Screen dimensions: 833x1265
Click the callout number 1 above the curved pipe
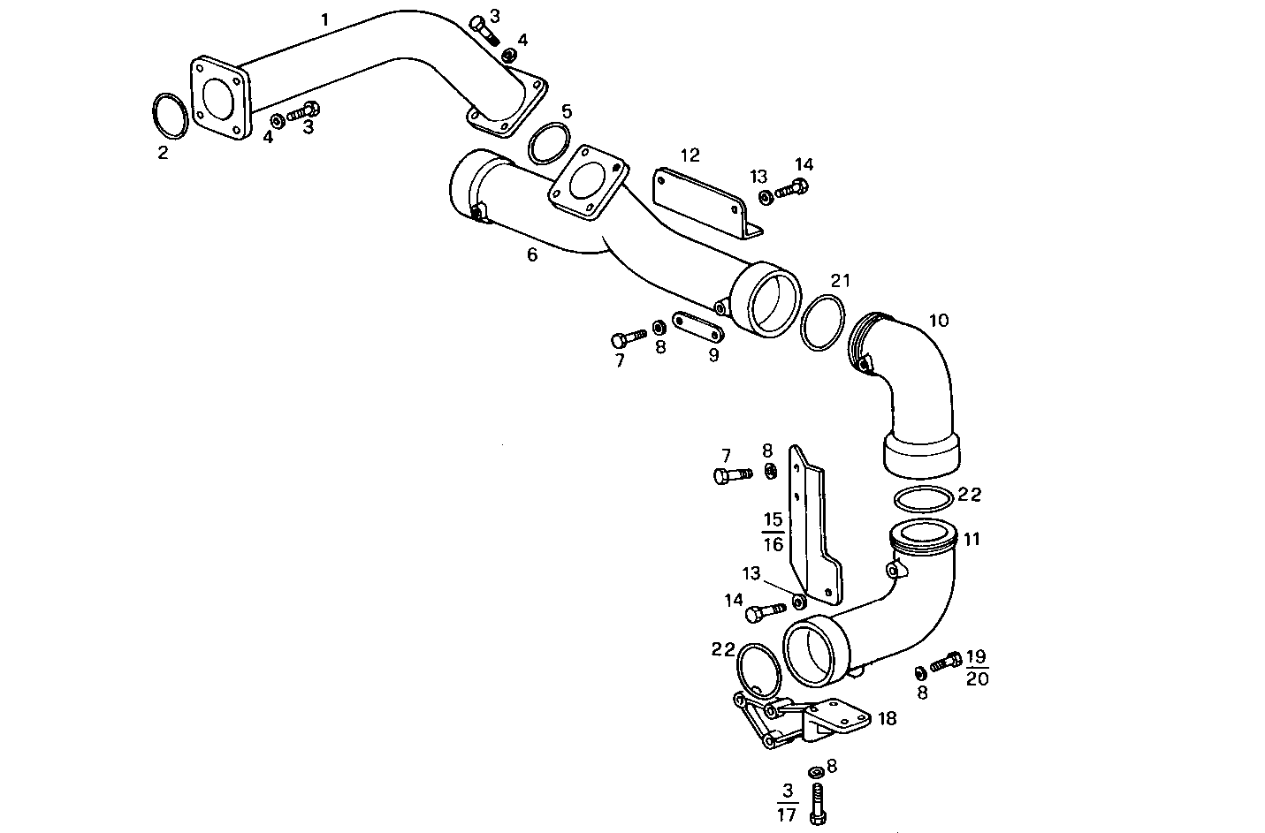pyautogui.click(x=325, y=19)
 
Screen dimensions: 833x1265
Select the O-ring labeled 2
pyautogui.click(x=169, y=116)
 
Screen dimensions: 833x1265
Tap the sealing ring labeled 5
pyautogui.click(x=548, y=144)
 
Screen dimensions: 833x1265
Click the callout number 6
pyautogui.click(x=532, y=254)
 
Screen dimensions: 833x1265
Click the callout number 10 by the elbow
pyautogui.click(x=939, y=320)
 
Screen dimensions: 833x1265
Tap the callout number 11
pyautogui.click(x=972, y=539)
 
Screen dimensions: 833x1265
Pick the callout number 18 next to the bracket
pyautogui.click(x=888, y=718)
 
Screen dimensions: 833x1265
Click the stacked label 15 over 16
pyautogui.click(x=773, y=532)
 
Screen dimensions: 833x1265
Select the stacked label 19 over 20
pyautogui.click(x=977, y=668)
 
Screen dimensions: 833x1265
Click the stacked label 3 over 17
pyautogui.click(x=787, y=802)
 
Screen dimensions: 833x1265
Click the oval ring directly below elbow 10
pyautogui.click(x=924, y=498)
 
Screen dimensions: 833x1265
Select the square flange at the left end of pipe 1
pyautogui.click(x=221, y=97)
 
